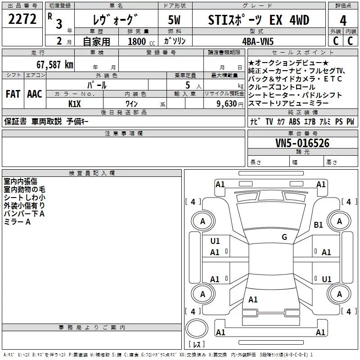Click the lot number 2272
22,20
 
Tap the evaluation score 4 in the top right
343,21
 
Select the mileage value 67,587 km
55,65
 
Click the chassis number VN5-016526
302,144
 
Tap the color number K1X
75,103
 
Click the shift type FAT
13,94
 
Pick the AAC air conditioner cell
35,94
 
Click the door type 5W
175,21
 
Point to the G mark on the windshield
284,237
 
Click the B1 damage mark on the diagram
319,225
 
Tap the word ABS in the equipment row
294,121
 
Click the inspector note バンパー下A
24,213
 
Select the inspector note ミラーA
17,221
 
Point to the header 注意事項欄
123,134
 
